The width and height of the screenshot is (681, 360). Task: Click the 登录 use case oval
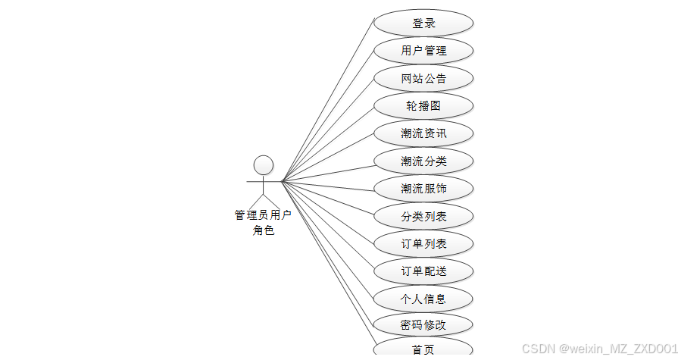click(x=423, y=23)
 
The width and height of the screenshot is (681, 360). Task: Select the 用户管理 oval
click(x=423, y=51)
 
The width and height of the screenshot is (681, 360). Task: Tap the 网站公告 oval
click(x=423, y=78)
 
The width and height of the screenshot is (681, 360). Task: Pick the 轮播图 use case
click(x=423, y=106)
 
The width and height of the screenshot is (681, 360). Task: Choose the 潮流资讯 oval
click(x=423, y=133)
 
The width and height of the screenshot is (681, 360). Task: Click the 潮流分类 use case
click(x=423, y=161)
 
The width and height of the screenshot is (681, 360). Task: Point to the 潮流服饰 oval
click(x=423, y=188)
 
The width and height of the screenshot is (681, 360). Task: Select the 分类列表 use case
click(x=423, y=216)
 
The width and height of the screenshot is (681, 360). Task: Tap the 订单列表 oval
click(x=423, y=243)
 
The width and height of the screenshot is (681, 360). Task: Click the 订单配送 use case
click(x=423, y=271)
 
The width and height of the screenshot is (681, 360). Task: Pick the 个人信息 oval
click(x=423, y=298)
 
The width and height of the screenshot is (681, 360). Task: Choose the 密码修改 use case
click(x=423, y=325)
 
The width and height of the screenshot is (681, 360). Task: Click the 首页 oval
click(x=423, y=349)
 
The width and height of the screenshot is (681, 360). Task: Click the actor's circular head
click(x=263, y=164)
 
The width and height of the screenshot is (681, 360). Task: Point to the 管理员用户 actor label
click(x=263, y=215)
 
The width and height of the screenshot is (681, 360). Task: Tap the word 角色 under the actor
click(x=263, y=230)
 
